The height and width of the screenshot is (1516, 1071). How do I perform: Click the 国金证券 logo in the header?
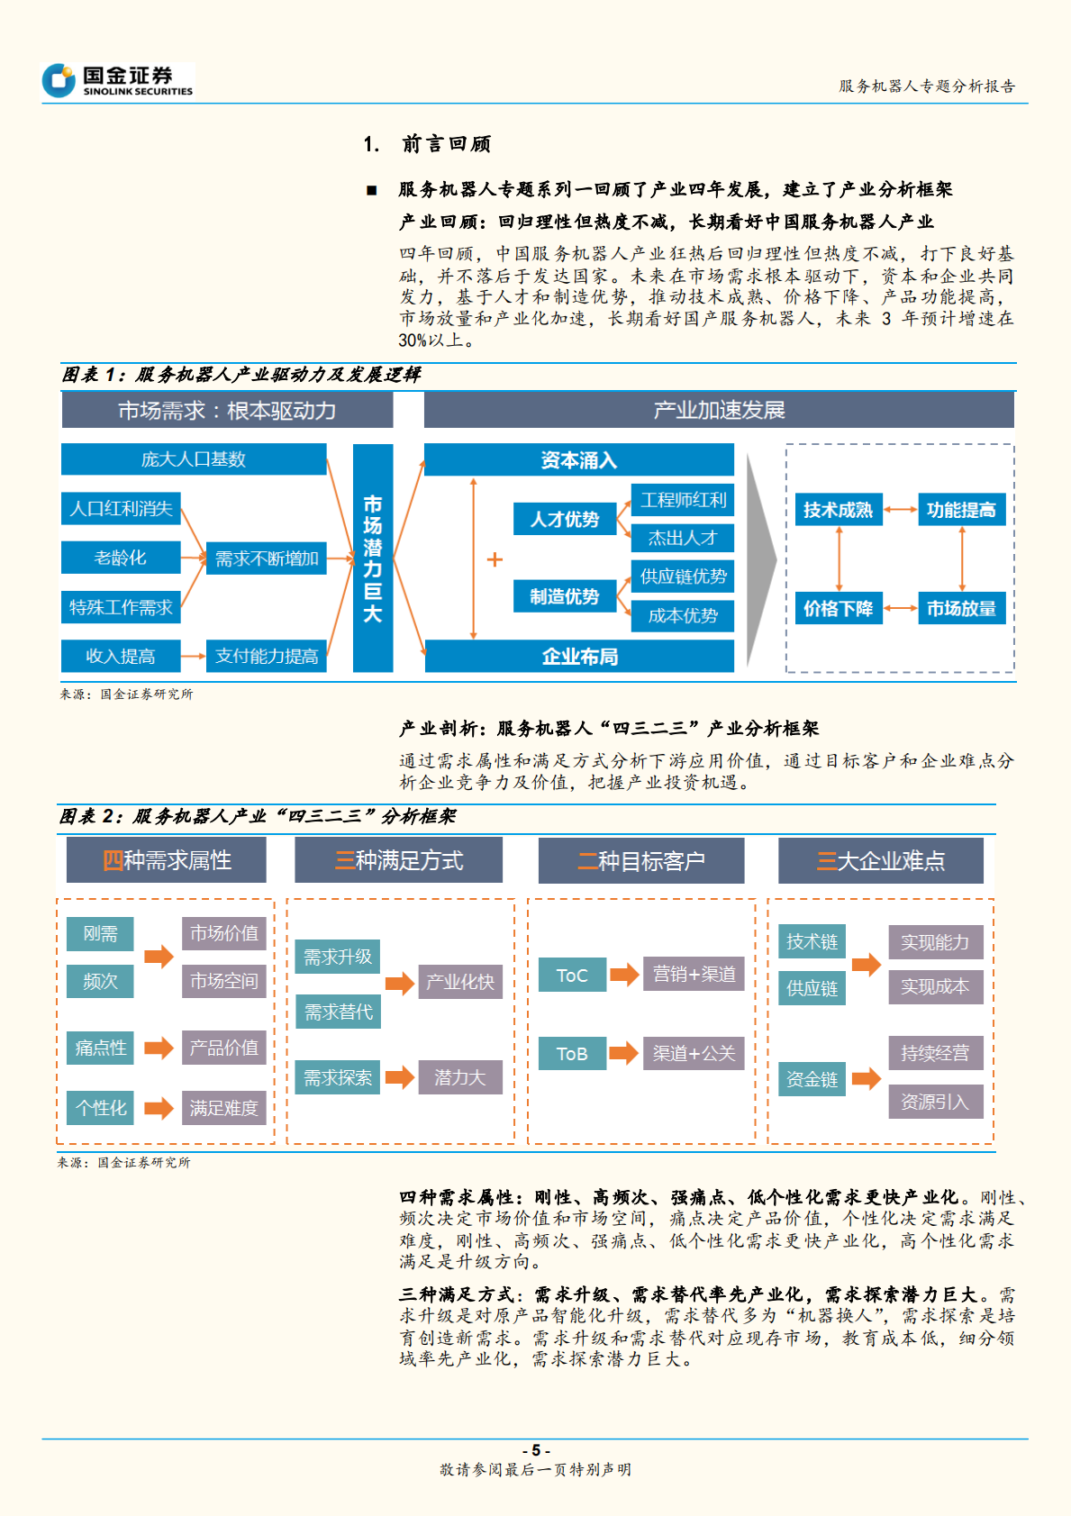[117, 80]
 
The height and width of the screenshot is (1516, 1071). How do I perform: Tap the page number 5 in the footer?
[535, 1450]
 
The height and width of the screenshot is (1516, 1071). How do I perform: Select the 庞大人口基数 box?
[193, 459]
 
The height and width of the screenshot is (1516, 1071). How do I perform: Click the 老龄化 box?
[121, 558]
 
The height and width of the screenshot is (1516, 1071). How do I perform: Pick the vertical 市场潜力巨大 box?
[373, 558]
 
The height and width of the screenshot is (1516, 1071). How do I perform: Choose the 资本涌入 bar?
[578, 460]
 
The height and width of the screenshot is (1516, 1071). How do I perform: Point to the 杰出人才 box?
[683, 539]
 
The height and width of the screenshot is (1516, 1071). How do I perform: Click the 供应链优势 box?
[683, 576]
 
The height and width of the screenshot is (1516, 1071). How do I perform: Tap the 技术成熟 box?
[838, 510]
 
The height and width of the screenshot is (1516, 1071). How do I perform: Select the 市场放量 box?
[961, 609]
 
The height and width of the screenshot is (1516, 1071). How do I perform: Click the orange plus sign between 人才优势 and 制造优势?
[495, 559]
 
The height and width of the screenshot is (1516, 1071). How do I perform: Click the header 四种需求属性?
[167, 860]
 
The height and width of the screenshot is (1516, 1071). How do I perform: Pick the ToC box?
[572, 975]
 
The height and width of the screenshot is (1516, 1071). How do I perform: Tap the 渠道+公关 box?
[694, 1053]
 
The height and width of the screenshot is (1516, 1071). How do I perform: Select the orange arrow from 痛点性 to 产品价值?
[159, 1048]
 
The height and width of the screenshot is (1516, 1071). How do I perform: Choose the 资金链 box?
[812, 1079]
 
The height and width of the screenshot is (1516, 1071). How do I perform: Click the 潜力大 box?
[460, 1077]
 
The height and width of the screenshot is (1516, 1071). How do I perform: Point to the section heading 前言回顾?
[445, 144]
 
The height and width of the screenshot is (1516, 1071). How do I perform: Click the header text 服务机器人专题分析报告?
[926, 86]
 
